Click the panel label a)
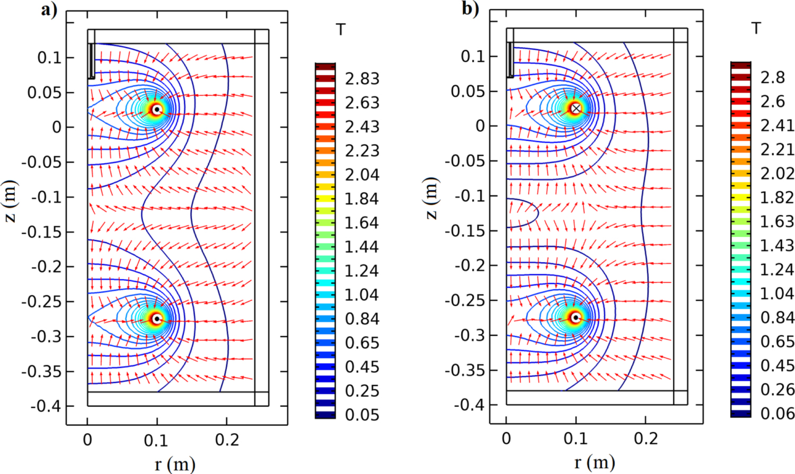point(49,10)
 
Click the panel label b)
point(470,8)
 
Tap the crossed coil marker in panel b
point(576,108)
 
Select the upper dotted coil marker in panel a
point(156,110)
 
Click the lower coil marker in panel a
point(156,319)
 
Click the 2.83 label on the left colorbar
point(362,79)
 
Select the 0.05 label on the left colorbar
point(362,415)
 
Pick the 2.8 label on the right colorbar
point(772,78)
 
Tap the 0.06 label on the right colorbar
point(777,414)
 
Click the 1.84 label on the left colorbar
point(362,199)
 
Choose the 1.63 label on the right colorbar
point(777,221)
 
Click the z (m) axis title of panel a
point(11,201)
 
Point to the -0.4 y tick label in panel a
point(46,406)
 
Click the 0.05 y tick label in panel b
point(468,91)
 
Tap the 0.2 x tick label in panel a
point(227,440)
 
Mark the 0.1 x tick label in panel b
point(576,439)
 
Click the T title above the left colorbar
point(341,30)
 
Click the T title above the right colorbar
point(756,28)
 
